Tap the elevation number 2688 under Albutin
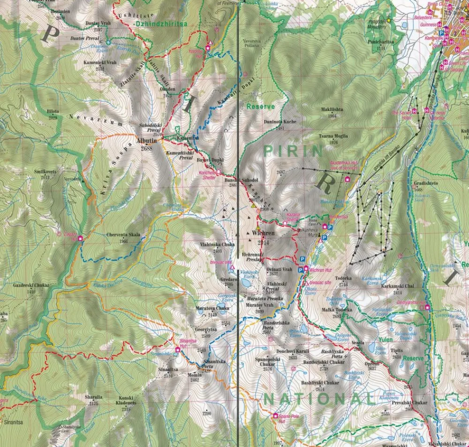click(x=146, y=148)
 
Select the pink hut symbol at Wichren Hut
click(x=306, y=269)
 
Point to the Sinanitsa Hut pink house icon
click(x=177, y=349)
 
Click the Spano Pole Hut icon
click(x=275, y=415)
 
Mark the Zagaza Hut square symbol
click(x=80, y=238)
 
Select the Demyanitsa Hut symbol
click(x=427, y=308)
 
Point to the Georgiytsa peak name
click(x=209, y=330)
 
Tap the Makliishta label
click(x=332, y=109)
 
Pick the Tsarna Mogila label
click(x=333, y=136)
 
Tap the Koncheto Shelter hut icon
click(x=218, y=172)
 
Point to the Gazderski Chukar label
click(x=31, y=285)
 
